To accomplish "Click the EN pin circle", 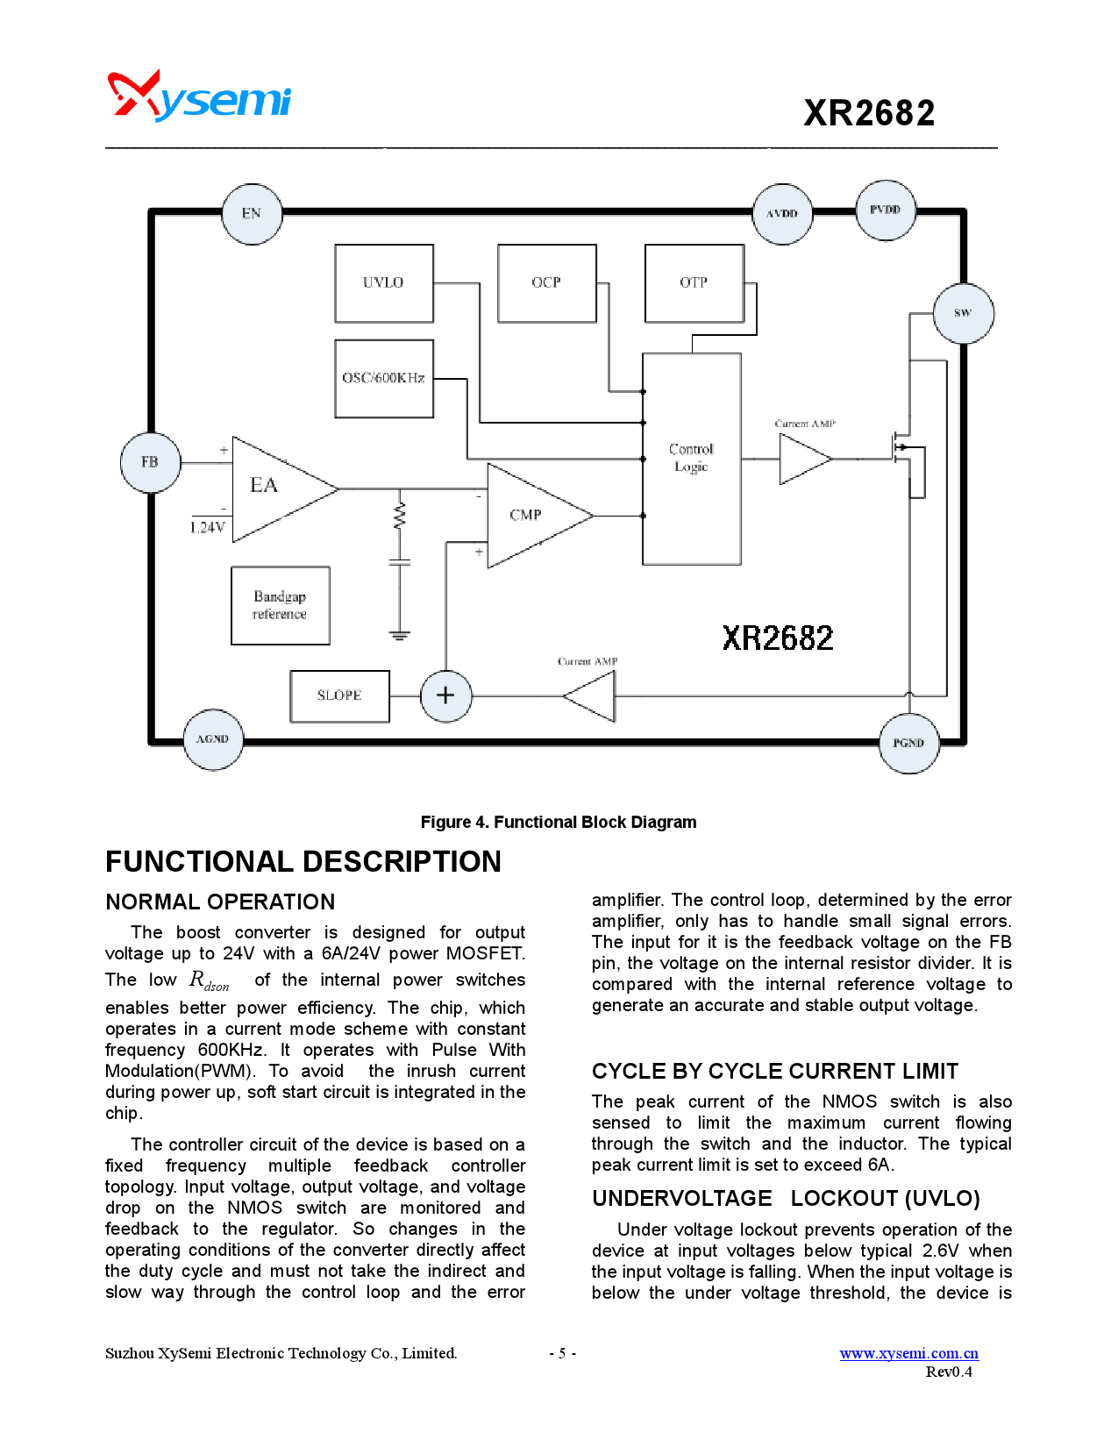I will (252, 213).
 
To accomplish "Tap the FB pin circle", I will (150, 462).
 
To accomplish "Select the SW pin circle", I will (963, 313).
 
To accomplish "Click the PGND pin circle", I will (908, 743).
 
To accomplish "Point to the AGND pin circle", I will (213, 739).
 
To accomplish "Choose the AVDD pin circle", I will (782, 213).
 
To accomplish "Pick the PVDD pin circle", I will (885, 210).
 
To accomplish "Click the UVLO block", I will (384, 283).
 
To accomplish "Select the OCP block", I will (546, 283).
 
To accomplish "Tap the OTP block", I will (694, 283).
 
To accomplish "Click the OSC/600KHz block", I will (384, 378).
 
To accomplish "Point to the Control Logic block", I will (691, 459).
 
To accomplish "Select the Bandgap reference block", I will (281, 605).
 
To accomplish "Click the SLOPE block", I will (339, 695).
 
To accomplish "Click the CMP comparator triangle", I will (530, 515).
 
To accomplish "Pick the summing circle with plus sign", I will (445, 695).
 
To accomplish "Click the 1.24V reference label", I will (208, 527).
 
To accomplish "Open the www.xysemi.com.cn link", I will (908, 1353).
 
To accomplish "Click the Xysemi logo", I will (199, 96).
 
